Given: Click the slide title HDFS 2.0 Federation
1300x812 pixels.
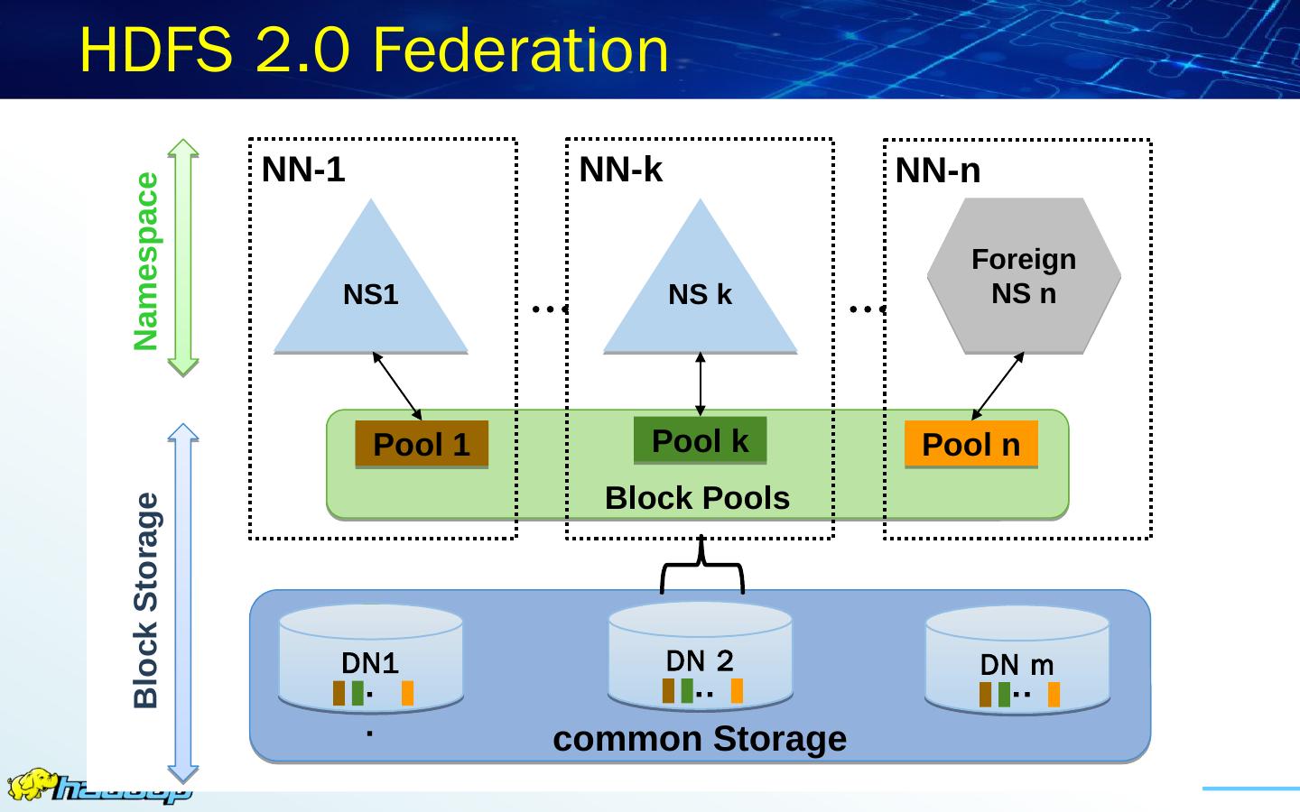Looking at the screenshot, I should pos(374,50).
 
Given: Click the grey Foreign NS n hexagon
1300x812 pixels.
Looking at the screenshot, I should pos(1024,275).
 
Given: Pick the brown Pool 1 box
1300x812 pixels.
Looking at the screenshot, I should pos(422,444).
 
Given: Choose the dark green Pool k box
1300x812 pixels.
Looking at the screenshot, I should pos(700,440).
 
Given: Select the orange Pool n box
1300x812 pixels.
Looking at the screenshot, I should pos(971,444).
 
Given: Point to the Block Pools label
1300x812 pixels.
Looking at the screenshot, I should pos(697,498).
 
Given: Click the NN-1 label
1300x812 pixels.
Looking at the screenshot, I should pos(303,170).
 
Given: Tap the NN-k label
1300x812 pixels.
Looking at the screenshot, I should pos(620,170).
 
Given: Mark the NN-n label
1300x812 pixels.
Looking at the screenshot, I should pos(938,171).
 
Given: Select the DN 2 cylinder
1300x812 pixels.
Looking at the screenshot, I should pos(700,655).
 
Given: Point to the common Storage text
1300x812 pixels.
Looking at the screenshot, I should pos(700,739).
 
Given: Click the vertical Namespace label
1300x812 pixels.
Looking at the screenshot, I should pos(145,262).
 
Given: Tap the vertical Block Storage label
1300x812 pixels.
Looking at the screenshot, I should pos(145,600).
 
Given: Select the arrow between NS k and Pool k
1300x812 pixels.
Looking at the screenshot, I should pos(700,384).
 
